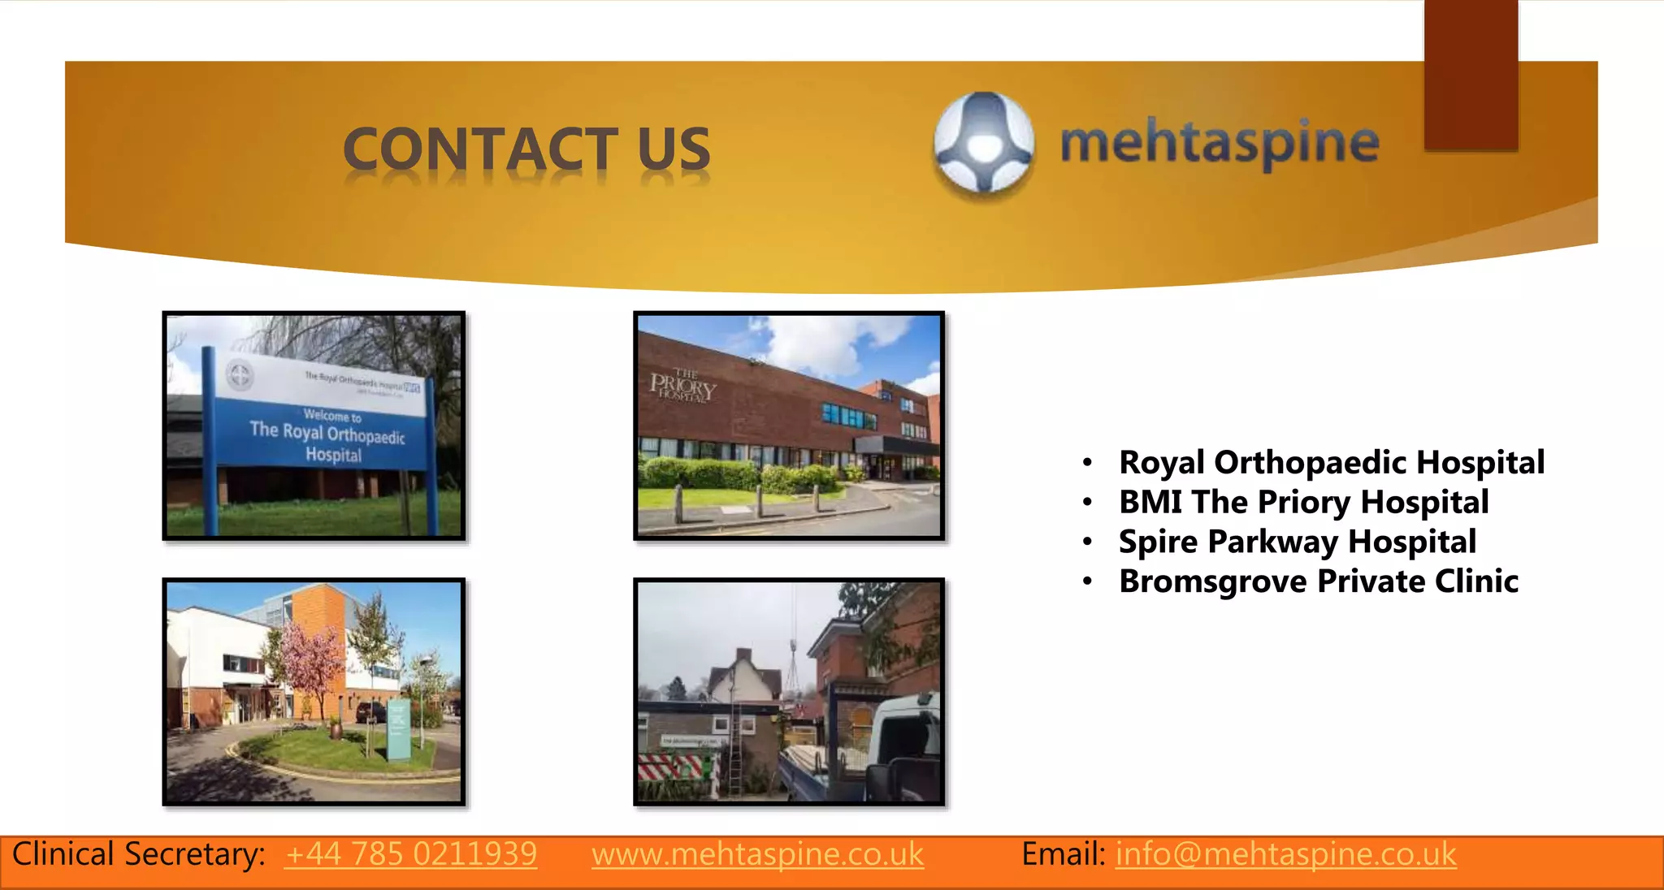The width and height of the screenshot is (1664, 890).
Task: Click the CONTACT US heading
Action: tap(526, 150)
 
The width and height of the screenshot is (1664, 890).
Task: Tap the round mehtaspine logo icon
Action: tap(984, 144)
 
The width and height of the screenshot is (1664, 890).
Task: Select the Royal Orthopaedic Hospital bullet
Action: tap(1331, 463)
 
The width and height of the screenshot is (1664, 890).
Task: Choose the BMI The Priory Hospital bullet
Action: tap(1303, 503)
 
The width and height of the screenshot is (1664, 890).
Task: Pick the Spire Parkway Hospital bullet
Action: tap(1297, 542)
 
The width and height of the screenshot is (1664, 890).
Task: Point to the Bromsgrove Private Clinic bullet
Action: tap(1318, 582)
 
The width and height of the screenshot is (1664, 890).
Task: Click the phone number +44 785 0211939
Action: tap(410, 854)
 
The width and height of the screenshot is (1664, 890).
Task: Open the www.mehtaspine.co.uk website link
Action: tap(757, 854)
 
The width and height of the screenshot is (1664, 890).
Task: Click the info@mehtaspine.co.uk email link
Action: tap(1285, 854)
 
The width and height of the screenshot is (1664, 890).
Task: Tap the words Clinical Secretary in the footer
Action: tap(138, 854)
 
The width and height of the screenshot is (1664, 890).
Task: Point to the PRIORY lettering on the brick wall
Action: tap(682, 386)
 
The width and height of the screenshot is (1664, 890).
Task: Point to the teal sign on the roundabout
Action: tap(399, 731)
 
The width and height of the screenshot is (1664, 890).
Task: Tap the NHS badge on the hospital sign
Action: tap(412, 387)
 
